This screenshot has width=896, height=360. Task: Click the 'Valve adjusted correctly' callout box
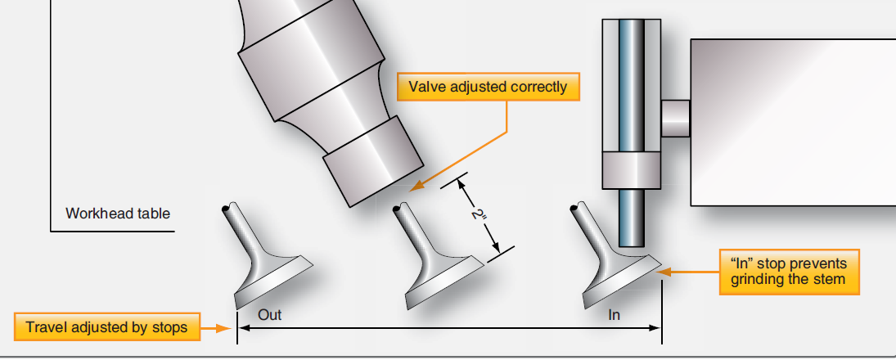[488, 87]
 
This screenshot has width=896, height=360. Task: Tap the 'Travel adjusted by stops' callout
[106, 328]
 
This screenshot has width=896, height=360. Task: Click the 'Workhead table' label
[118, 214]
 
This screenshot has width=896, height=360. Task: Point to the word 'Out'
[269, 314]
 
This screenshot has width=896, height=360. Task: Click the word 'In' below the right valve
[615, 314]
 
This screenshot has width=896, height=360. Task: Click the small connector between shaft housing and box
[675, 118]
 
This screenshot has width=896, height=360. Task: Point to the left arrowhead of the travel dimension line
[241, 328]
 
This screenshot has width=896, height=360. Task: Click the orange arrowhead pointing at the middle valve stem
[414, 187]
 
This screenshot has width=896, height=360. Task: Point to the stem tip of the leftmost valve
[228, 208]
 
